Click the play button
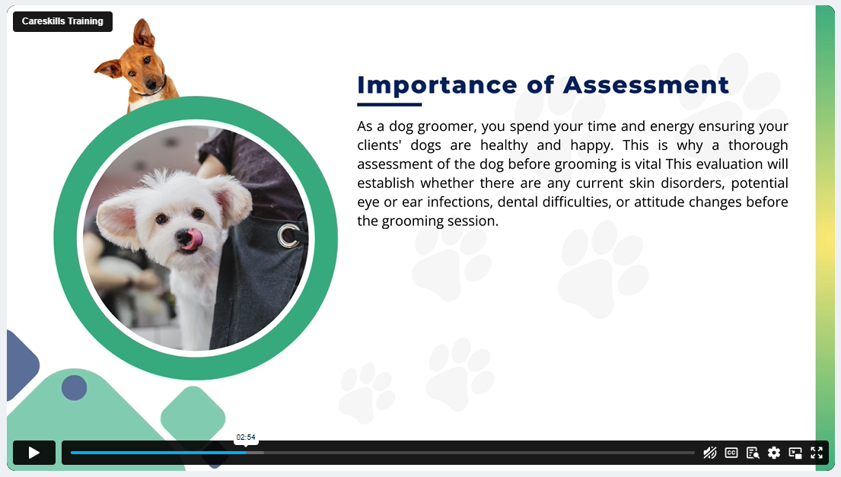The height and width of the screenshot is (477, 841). [34, 453]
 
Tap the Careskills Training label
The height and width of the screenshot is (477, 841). [62, 21]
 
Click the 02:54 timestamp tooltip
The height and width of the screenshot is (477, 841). [246, 437]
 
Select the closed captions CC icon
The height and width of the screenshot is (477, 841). [731, 453]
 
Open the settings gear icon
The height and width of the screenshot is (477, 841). [774, 453]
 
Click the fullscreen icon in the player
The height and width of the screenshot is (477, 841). [817, 453]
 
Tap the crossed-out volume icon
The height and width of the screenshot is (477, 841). [709, 453]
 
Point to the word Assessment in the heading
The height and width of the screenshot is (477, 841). [646, 84]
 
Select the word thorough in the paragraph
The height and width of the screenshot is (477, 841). [758, 146]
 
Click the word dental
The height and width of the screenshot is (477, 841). [517, 202]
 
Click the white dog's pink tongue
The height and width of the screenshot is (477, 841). [193, 239]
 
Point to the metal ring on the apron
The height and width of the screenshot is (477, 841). [288, 236]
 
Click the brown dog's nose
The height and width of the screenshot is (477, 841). [151, 84]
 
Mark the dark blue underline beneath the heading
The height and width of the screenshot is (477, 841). [390, 104]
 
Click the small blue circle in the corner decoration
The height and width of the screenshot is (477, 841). [74, 387]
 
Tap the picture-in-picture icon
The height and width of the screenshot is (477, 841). [795, 453]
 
